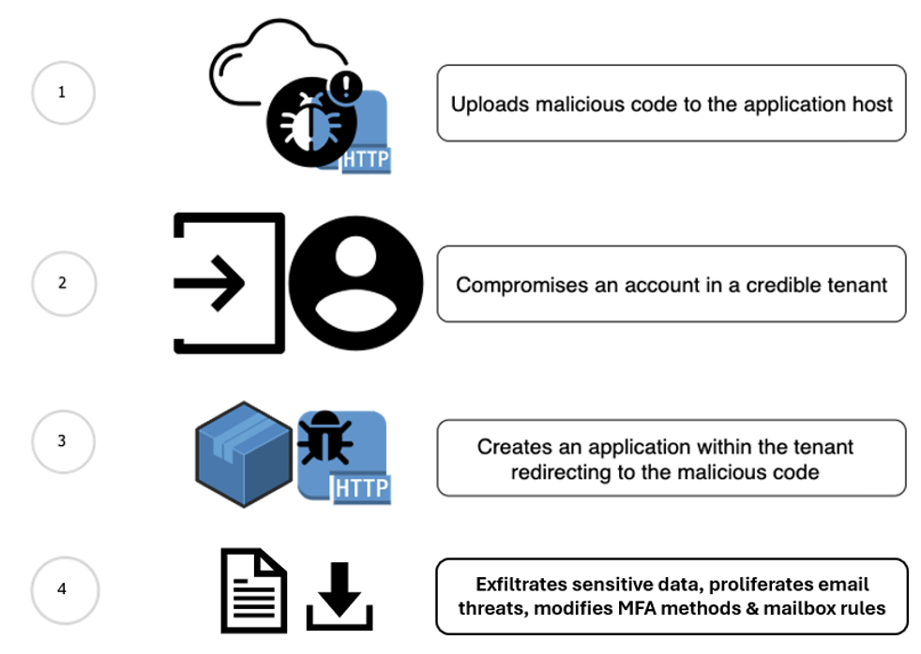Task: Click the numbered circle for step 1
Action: point(63,93)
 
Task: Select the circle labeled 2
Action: point(63,283)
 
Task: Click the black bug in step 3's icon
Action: point(324,439)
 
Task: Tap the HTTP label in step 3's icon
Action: point(361,488)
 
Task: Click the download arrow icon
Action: point(340,596)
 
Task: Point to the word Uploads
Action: point(490,104)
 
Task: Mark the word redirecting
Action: point(564,472)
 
